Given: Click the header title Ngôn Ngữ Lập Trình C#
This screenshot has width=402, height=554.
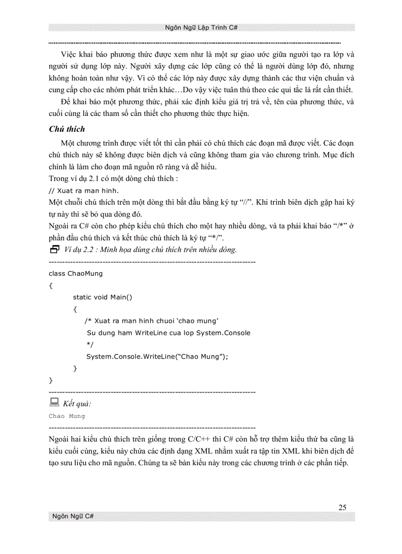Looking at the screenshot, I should (x=201, y=28).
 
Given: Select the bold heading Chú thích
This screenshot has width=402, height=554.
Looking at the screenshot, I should (x=67, y=129).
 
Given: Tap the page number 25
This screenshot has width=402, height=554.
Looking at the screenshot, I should (x=343, y=508).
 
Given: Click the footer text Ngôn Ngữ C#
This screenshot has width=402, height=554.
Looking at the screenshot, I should (x=73, y=517).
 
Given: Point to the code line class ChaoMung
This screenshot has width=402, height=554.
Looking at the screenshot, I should (x=76, y=273).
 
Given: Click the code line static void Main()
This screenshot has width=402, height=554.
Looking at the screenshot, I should (x=102, y=297).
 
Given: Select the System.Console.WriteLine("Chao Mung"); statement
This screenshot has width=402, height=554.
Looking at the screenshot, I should (x=158, y=356).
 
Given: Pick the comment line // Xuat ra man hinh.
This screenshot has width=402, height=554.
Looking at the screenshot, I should (x=84, y=190).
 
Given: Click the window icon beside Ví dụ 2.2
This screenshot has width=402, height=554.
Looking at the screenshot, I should (x=54, y=249).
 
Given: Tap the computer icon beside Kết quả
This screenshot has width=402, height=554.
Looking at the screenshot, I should (x=54, y=403).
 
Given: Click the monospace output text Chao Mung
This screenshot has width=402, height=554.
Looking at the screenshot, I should (x=67, y=416).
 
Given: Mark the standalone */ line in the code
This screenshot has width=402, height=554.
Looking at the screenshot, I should (x=89, y=344).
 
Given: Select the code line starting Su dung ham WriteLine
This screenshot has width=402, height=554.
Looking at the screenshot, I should (x=168, y=332).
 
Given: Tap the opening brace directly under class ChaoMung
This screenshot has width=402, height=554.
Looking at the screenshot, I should (x=51, y=285).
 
